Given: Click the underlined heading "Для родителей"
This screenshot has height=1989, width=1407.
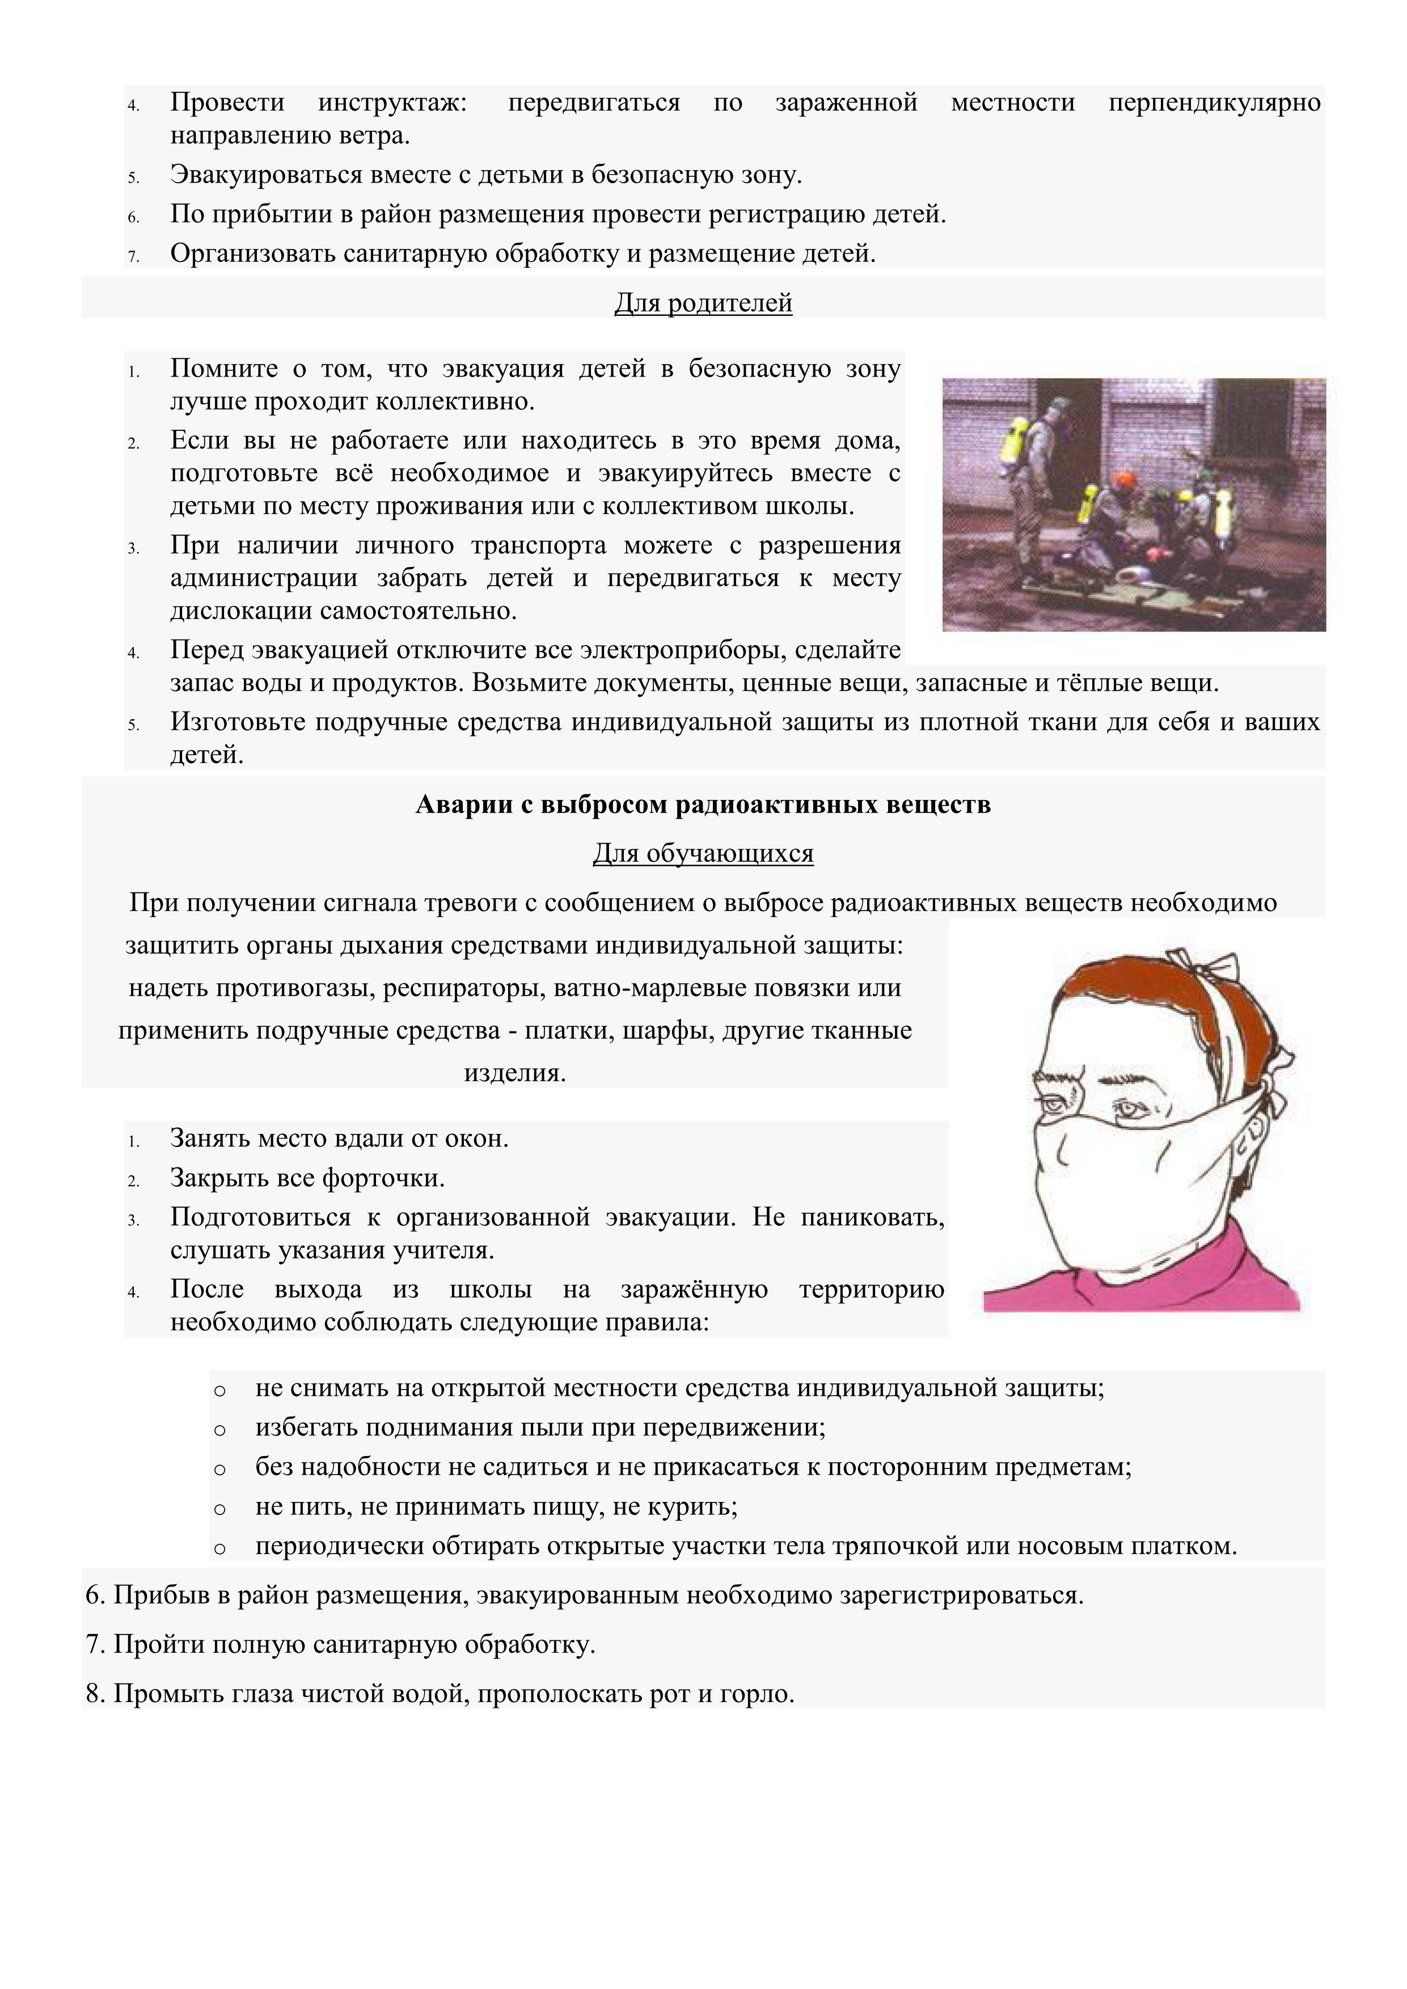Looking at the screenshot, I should tap(703, 303).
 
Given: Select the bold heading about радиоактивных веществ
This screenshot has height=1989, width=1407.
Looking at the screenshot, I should tap(703, 805).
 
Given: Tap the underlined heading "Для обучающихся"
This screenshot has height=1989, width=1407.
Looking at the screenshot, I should tap(703, 854).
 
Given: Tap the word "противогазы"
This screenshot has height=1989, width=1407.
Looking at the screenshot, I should tap(285, 988).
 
